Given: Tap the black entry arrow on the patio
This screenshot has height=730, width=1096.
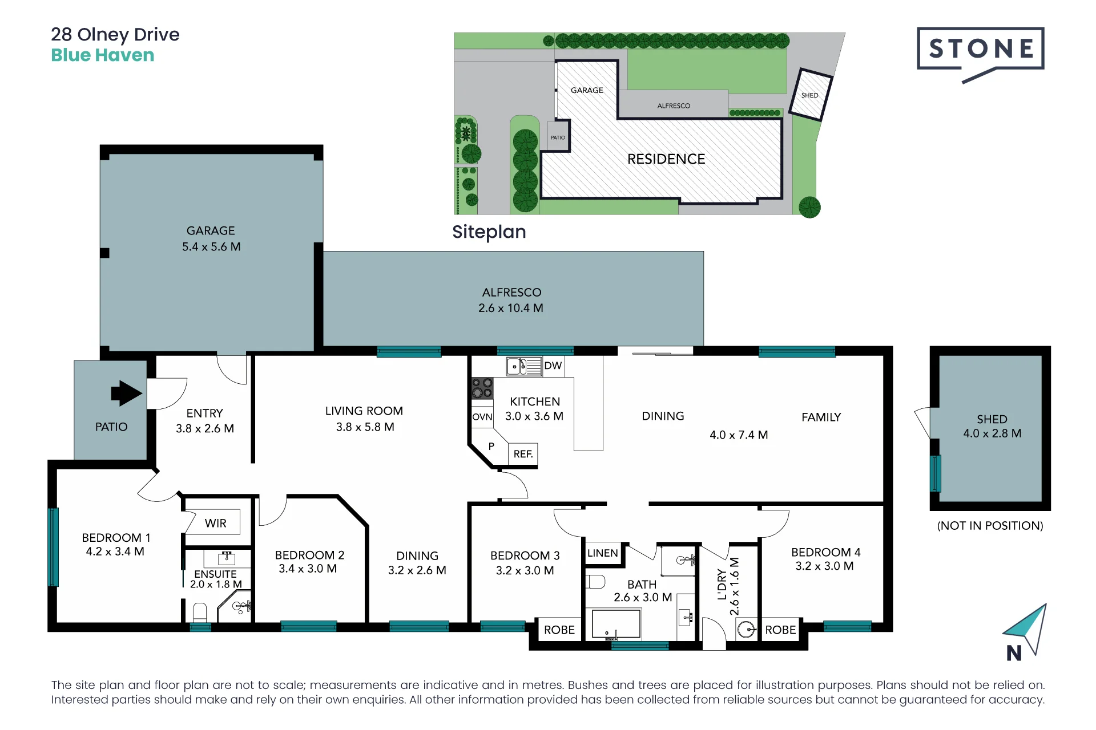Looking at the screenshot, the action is point(126,393).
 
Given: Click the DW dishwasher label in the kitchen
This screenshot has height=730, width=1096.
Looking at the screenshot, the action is point(553,366).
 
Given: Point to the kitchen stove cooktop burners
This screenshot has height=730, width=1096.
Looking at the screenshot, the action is point(482,388).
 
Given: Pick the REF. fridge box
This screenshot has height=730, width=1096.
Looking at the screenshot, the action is point(523,454).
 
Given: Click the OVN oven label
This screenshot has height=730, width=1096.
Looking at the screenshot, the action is point(482,417).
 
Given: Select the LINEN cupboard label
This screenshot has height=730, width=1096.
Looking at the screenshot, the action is point(602,553).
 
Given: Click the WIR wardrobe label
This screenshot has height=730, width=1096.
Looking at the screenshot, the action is point(216,523).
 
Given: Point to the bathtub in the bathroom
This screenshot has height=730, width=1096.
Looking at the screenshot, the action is point(616,624).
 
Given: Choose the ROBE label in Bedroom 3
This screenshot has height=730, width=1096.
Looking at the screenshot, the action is point(559,630).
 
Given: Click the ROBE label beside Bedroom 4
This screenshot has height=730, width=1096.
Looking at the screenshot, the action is point(780,630).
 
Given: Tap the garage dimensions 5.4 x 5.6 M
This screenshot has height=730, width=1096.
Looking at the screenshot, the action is point(211,247).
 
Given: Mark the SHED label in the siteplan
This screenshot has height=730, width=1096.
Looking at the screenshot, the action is point(809,95).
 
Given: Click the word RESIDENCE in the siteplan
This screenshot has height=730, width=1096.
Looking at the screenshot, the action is point(666,159).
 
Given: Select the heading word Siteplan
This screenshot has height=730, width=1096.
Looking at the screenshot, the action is point(489,232).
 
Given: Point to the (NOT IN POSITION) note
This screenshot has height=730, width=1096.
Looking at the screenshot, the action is point(990,526).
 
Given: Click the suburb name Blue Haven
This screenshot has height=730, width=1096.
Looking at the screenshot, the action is point(103,55).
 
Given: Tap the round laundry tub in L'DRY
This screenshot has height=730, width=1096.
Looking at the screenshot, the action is point(746,630).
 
